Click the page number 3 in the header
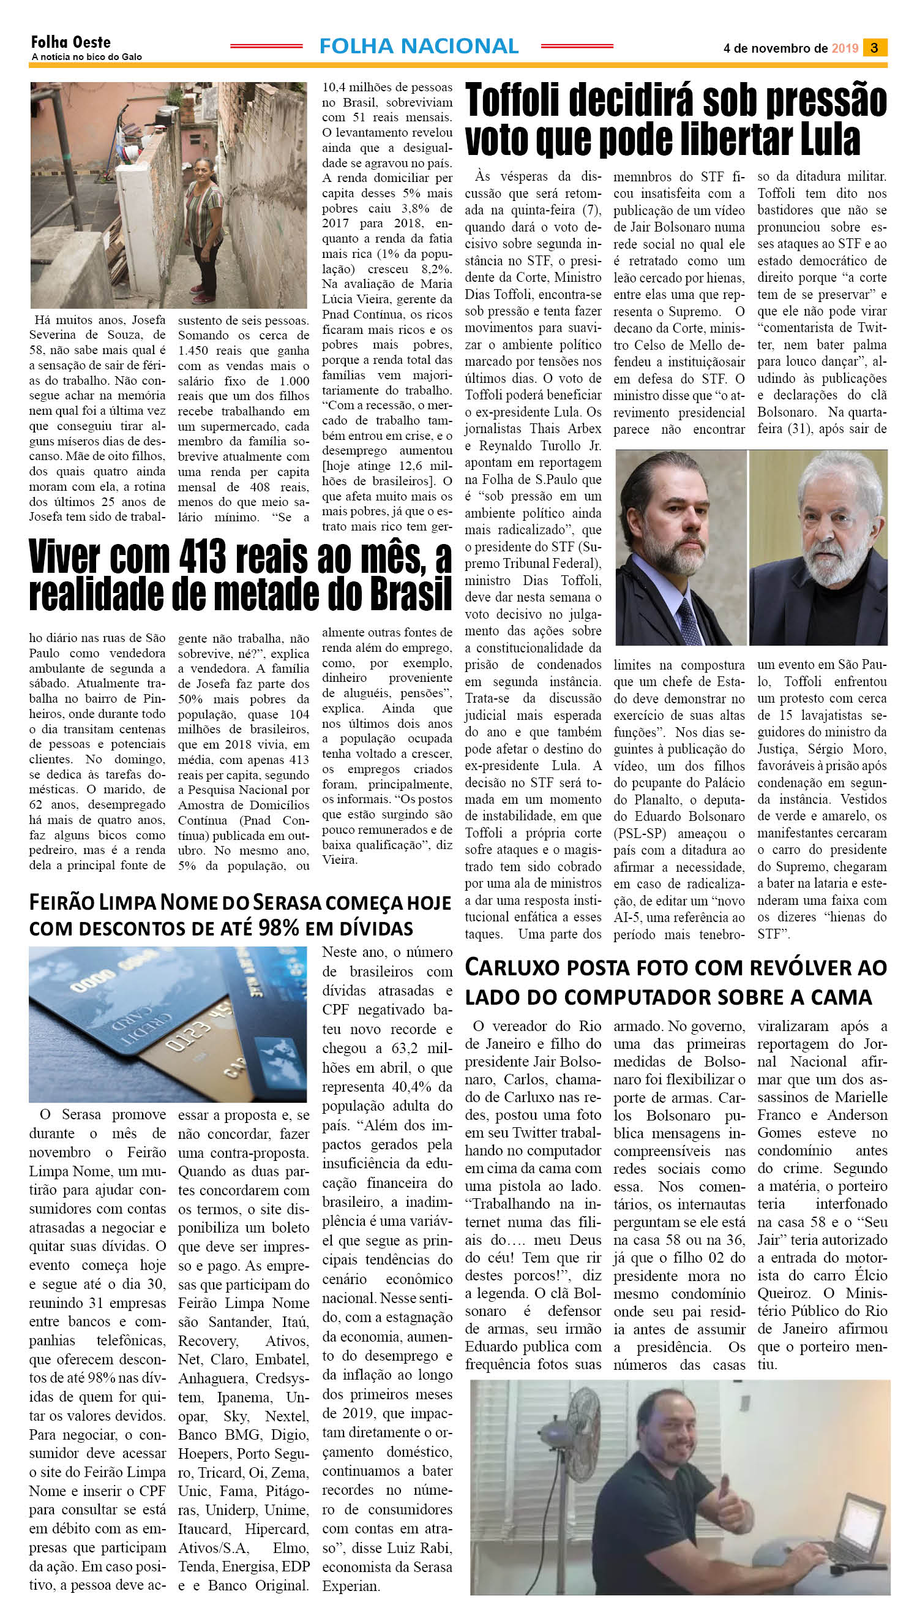click(874, 48)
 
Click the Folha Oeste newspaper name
click(70, 42)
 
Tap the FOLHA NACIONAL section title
click(419, 46)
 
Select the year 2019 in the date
click(845, 48)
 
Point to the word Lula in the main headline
click(829, 140)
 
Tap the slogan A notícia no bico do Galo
click(86, 58)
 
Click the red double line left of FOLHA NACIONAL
click(266, 46)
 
